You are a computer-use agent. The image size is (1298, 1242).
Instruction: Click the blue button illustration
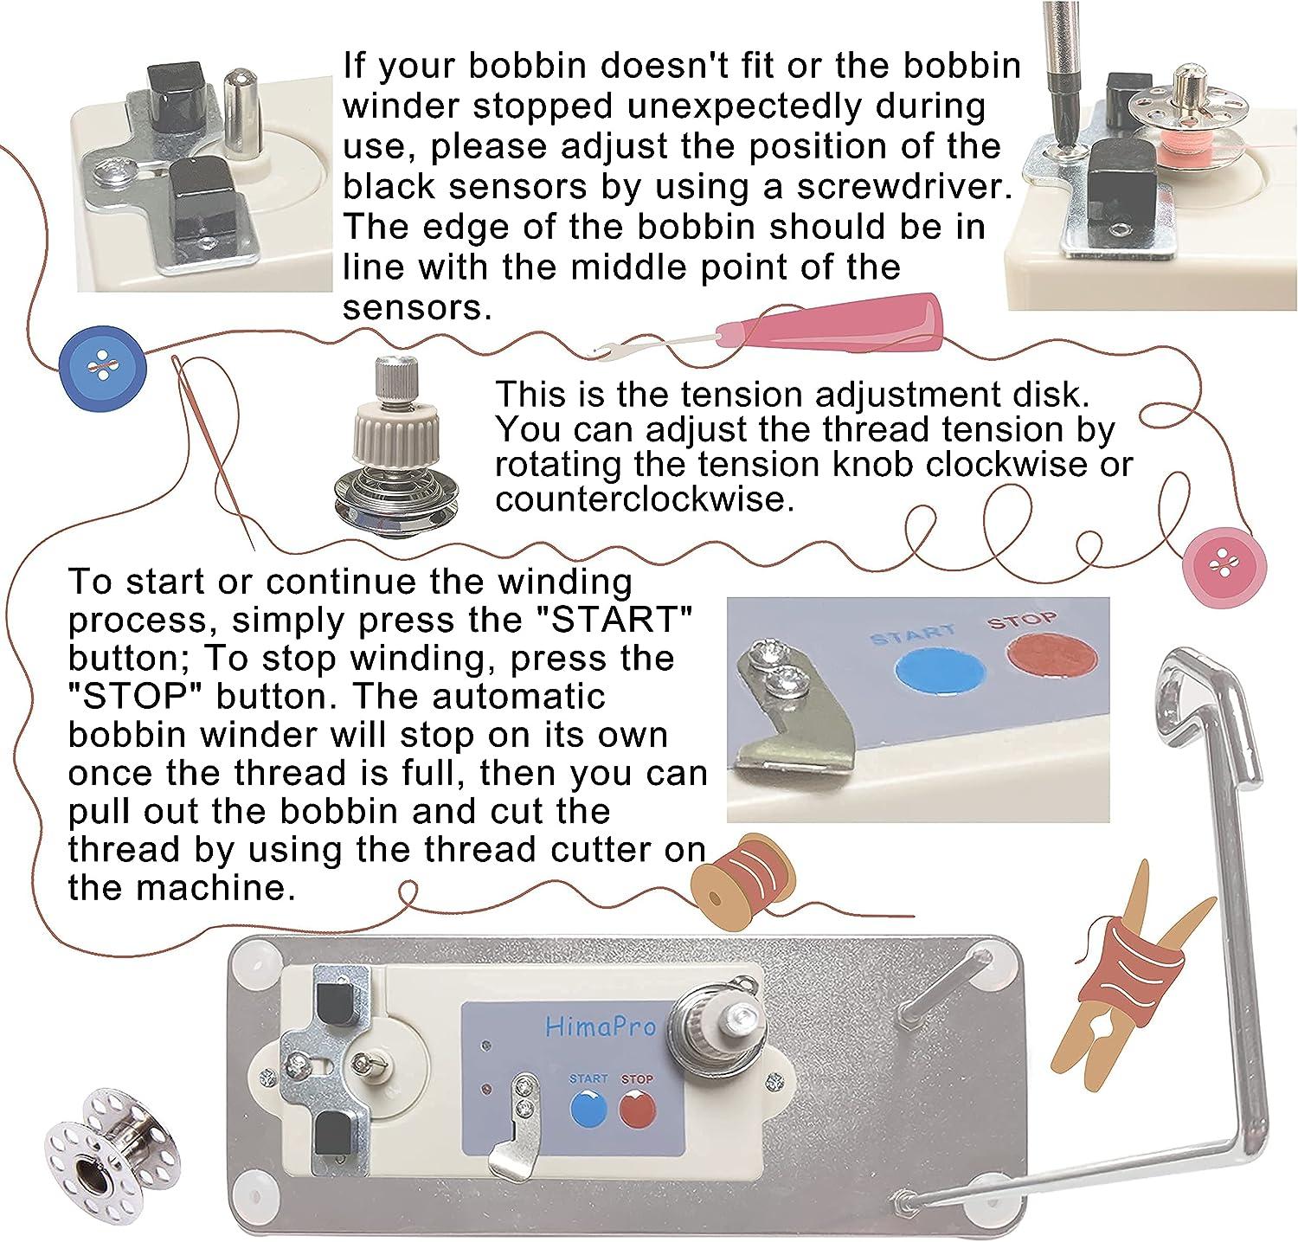[x=102, y=366]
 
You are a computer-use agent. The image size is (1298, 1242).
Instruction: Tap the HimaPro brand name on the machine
[x=600, y=1027]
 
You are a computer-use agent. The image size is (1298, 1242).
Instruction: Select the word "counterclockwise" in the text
[x=639, y=500]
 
